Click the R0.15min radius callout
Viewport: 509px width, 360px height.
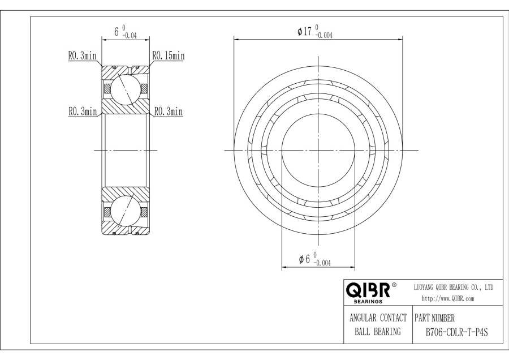pyautogui.click(x=168, y=55)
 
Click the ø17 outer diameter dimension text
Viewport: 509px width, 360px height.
pyautogui.click(x=305, y=32)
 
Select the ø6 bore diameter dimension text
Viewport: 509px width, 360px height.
pyautogui.click(x=304, y=260)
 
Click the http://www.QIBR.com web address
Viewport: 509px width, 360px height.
pyautogui.click(x=448, y=298)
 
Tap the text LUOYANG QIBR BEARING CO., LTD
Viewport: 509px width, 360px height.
pyautogui.click(x=454, y=288)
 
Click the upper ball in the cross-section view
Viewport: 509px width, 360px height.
pyautogui.click(x=125, y=89)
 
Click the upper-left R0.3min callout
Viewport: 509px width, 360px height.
pyautogui.click(x=82, y=56)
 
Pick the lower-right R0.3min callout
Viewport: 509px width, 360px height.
pyautogui.click(x=169, y=112)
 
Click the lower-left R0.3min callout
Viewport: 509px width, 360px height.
pyautogui.click(x=82, y=112)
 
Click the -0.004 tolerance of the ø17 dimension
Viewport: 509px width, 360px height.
pyautogui.click(x=323, y=35)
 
